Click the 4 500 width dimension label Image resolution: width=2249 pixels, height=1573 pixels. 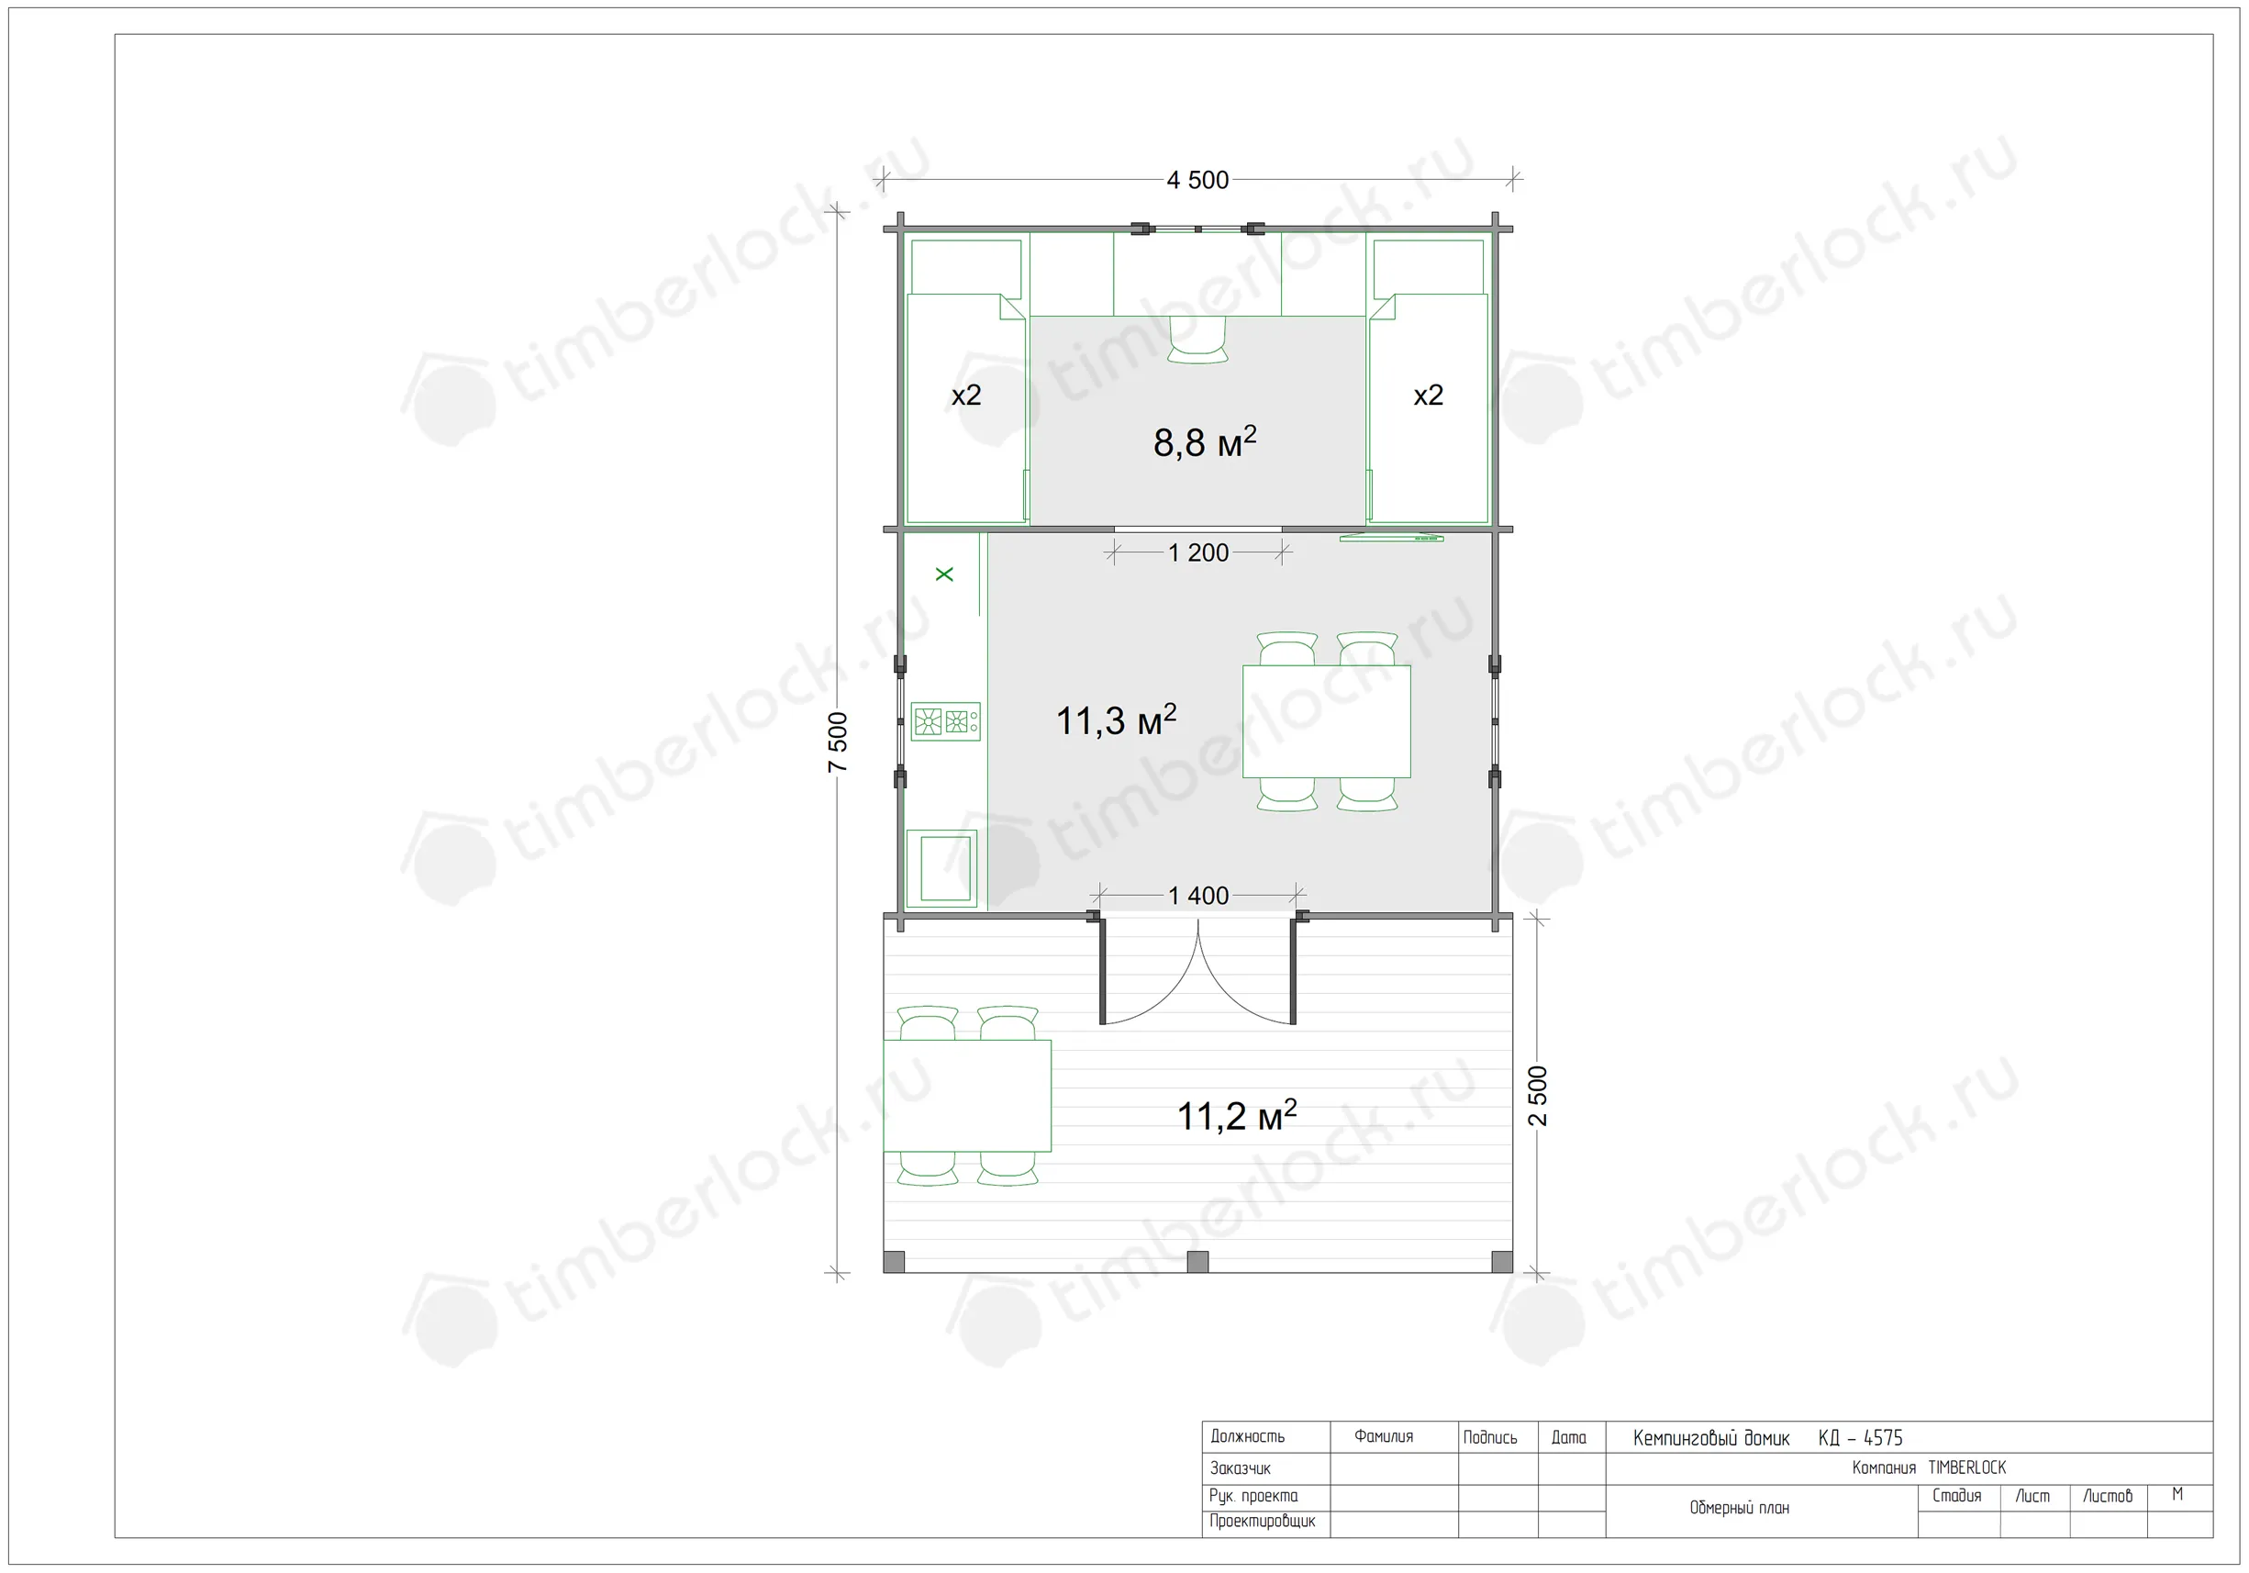pos(1197,180)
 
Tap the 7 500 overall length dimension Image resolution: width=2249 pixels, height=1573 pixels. pos(838,742)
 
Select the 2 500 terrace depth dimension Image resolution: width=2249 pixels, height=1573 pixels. pos(1538,1096)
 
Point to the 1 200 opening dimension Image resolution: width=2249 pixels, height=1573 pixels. pos(1198,553)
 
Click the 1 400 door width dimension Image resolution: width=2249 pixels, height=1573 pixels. pos(1198,897)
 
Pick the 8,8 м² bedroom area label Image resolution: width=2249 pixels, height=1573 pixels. pos(1204,442)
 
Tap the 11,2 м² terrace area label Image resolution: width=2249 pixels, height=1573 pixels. pos(1236,1116)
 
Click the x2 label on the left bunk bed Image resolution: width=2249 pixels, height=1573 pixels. pos(966,396)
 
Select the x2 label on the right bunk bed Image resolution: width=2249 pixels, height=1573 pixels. pos(1428,396)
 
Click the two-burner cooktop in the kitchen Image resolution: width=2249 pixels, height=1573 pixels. pos(945,722)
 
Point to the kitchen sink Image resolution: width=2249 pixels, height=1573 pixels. pos(941,869)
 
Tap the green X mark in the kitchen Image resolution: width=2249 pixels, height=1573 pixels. pos(944,574)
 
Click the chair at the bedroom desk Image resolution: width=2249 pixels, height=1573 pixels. pos(1198,340)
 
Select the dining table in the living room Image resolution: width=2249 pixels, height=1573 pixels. pos(1326,722)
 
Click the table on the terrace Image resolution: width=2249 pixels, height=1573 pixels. pos(967,1096)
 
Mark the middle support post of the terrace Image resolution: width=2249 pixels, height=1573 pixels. pos(1197,1262)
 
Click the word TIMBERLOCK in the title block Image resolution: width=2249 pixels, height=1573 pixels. pos(1967,1468)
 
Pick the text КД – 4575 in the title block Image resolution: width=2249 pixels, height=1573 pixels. pos(1860,1438)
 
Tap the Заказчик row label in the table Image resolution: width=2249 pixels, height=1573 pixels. pos(1240,1468)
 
